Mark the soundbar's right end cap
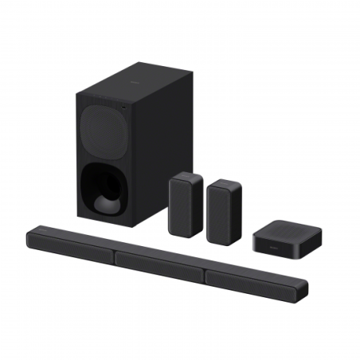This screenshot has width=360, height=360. [305, 292]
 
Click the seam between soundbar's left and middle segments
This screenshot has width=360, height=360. [116, 256]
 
